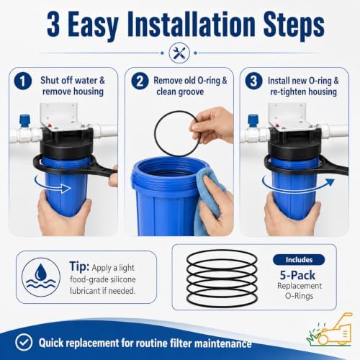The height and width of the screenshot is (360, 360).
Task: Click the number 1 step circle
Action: (x=23, y=81)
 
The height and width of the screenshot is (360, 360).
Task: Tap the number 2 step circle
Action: (x=140, y=81)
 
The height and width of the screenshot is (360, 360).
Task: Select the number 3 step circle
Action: (x=253, y=81)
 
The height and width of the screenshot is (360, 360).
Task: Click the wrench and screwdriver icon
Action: (x=179, y=53)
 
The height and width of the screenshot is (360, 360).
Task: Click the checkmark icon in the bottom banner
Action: (x=23, y=343)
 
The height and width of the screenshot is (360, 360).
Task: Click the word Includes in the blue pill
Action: (x=299, y=260)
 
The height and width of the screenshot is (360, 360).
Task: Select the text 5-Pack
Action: (x=297, y=275)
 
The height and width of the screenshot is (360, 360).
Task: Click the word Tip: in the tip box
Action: (x=79, y=266)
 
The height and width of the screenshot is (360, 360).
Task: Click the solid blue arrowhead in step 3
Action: (x=330, y=182)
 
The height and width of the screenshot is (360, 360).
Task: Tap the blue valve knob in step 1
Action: (x=24, y=121)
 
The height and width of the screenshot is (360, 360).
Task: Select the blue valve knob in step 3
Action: (x=253, y=121)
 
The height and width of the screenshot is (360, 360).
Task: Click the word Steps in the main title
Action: (x=294, y=24)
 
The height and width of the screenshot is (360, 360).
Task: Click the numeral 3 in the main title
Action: (x=53, y=24)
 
